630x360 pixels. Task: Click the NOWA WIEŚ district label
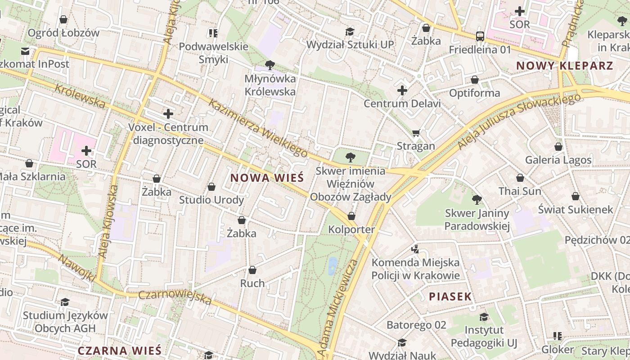tap(267, 178)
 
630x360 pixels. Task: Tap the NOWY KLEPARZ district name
tap(564, 66)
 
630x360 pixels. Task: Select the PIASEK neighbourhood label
tap(450, 297)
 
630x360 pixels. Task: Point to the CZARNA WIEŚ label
tap(119, 351)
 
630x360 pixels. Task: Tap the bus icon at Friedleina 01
tap(480, 36)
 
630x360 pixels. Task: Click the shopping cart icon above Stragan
tap(416, 133)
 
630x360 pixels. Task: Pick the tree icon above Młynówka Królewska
tap(270, 65)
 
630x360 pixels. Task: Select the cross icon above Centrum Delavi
tap(402, 91)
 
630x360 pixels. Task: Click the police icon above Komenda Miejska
tap(415, 249)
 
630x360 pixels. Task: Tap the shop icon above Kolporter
tap(351, 216)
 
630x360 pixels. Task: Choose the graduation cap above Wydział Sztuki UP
tap(350, 31)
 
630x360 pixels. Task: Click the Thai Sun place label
tap(520, 191)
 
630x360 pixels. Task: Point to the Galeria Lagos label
tap(558, 160)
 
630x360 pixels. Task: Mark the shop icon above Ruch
tap(252, 270)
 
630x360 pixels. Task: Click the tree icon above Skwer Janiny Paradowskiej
tap(477, 199)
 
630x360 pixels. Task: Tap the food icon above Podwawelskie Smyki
tap(213, 33)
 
